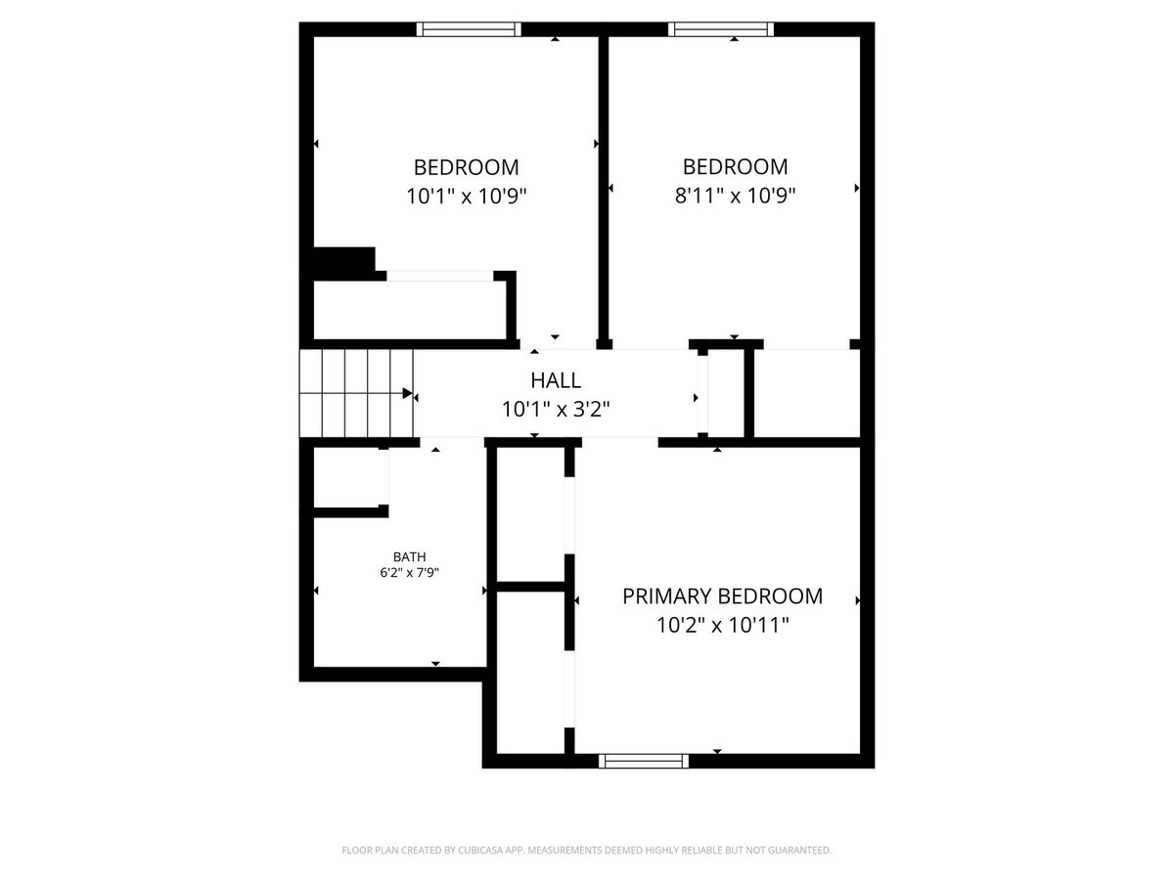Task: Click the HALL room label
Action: (555, 380)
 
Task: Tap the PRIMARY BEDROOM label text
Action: (722, 596)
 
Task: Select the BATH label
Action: (409, 556)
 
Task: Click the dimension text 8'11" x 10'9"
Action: (735, 196)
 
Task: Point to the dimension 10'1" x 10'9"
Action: (467, 197)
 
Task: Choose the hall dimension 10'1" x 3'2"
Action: (555, 410)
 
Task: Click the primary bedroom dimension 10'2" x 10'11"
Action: (723, 625)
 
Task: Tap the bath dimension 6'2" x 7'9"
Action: (409, 573)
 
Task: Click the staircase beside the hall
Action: (356, 393)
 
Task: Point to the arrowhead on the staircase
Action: (408, 393)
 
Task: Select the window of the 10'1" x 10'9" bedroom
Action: (469, 29)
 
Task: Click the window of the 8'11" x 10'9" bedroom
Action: (721, 29)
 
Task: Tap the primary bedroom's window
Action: (644, 761)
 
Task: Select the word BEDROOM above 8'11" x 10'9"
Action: (735, 166)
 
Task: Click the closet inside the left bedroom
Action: (410, 309)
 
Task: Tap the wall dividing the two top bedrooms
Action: (604, 193)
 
